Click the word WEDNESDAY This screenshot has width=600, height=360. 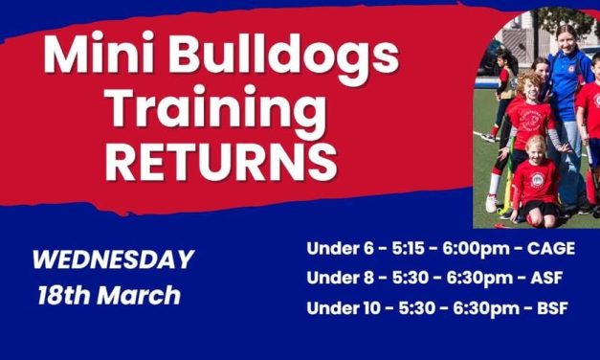113,259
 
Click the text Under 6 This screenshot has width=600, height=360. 339,249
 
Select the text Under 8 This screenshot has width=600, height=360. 339,279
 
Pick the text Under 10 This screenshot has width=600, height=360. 343,308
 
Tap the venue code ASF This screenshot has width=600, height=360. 544,279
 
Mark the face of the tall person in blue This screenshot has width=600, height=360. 563,42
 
